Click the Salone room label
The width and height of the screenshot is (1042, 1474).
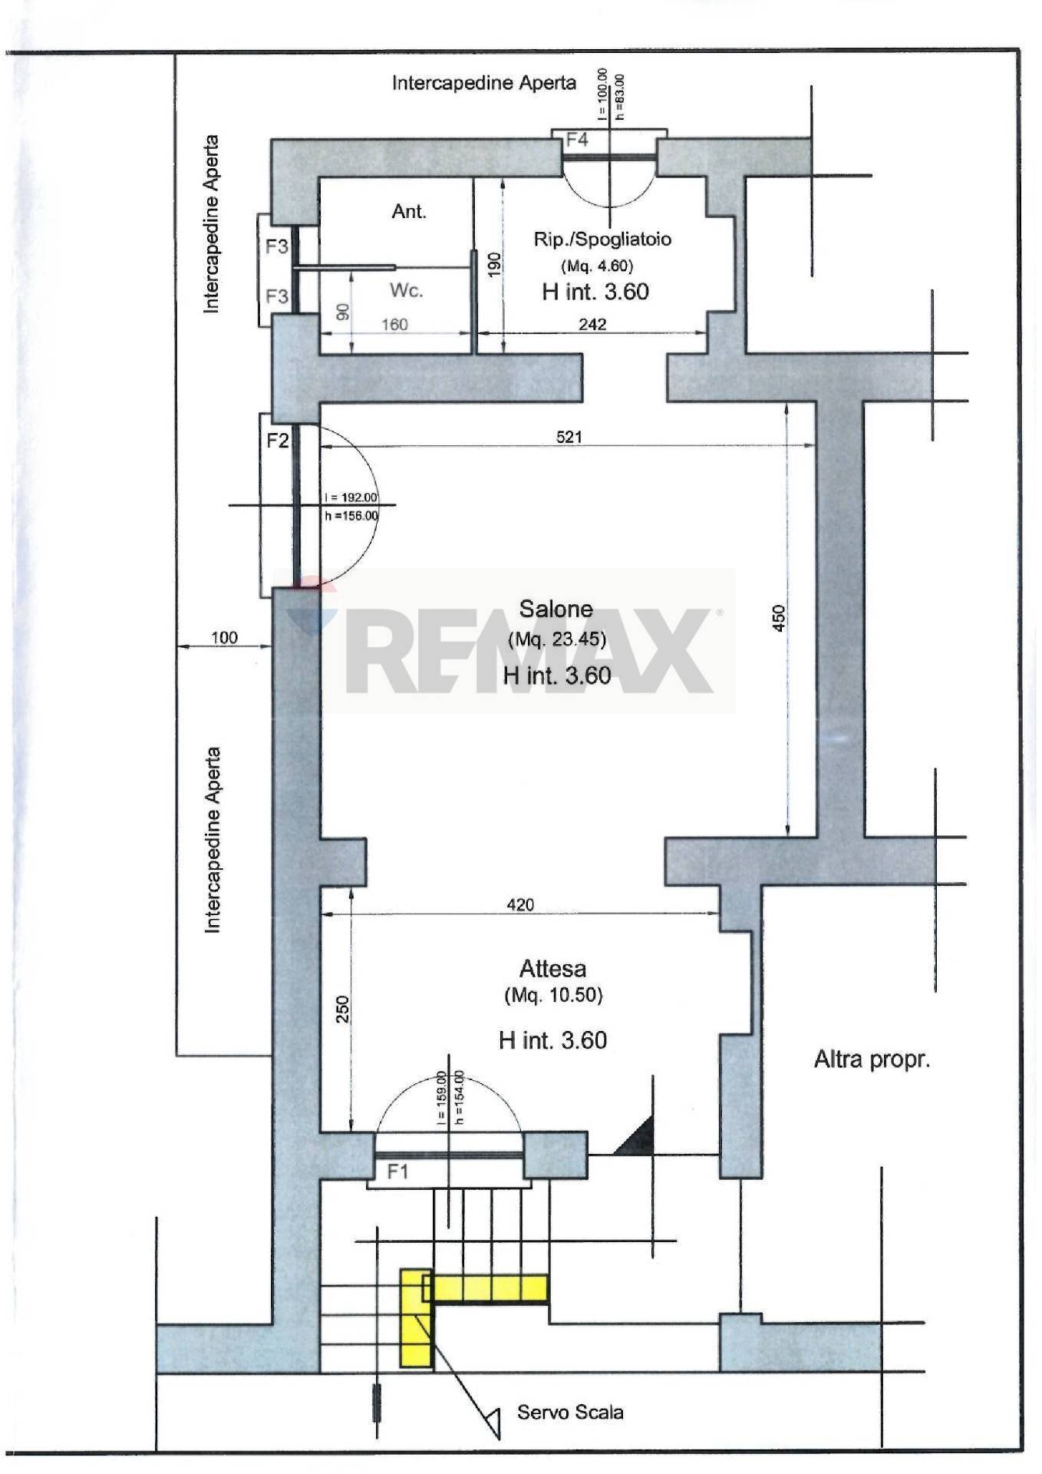tap(556, 609)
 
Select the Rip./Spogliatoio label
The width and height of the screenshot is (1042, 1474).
tap(602, 239)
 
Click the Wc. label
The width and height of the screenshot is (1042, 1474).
tap(406, 290)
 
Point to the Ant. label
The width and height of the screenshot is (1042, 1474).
tap(409, 211)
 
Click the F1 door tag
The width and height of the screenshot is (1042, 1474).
tap(397, 1172)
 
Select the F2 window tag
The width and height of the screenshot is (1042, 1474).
tap(277, 441)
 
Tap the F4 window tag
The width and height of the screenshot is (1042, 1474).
tap(577, 140)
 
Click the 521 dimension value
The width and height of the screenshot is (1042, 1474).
tap(569, 437)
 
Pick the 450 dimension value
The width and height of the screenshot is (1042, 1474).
tap(779, 618)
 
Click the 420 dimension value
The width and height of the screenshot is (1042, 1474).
tap(520, 904)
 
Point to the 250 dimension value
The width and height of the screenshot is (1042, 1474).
tap(343, 1009)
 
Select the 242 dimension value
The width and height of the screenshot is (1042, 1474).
tap(592, 324)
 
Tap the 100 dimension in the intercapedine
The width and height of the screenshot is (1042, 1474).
tap(224, 637)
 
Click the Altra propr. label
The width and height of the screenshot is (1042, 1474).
tap(872, 1059)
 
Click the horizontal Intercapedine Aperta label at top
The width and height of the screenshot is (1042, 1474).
tap(483, 83)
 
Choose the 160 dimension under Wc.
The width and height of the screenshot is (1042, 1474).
tap(394, 324)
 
